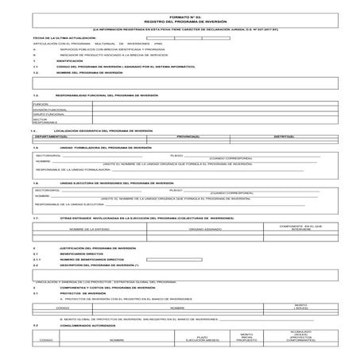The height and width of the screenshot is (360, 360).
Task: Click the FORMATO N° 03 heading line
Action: pos(180,16)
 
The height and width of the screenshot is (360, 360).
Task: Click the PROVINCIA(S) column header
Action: pos(188,137)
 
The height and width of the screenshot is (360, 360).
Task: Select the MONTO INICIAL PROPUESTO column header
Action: pos(247,338)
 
